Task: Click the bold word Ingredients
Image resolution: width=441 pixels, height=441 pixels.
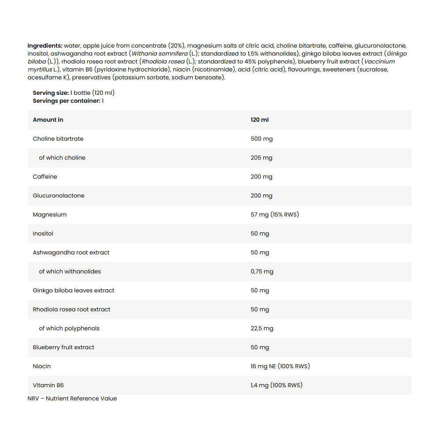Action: (45, 45)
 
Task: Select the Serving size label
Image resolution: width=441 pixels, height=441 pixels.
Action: (51, 93)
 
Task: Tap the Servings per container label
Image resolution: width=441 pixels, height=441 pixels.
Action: (67, 101)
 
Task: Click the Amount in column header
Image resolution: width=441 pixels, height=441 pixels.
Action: (48, 120)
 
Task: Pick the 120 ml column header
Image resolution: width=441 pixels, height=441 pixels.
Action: (260, 120)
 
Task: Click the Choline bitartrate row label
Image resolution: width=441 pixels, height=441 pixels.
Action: (58, 138)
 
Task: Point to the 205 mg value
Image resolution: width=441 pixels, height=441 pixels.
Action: (262, 157)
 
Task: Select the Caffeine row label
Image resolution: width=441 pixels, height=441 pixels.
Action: (45, 176)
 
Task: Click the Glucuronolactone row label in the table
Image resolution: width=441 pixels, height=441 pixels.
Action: (59, 195)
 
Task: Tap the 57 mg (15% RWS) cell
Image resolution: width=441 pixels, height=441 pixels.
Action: (275, 214)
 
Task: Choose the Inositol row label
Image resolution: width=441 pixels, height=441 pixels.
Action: (43, 233)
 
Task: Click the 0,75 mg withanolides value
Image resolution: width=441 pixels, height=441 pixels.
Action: (262, 271)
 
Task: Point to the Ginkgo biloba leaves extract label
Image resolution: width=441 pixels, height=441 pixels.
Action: (73, 290)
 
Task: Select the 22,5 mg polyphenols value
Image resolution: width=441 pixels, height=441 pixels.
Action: (262, 328)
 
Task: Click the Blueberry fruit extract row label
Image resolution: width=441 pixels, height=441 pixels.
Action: (64, 347)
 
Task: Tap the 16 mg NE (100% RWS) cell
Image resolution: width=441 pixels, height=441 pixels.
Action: (280, 366)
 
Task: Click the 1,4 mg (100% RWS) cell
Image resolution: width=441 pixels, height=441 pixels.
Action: (277, 385)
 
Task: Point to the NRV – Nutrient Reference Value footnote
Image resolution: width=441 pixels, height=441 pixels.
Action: (72, 398)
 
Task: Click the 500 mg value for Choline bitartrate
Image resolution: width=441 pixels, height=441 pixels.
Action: (262, 138)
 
